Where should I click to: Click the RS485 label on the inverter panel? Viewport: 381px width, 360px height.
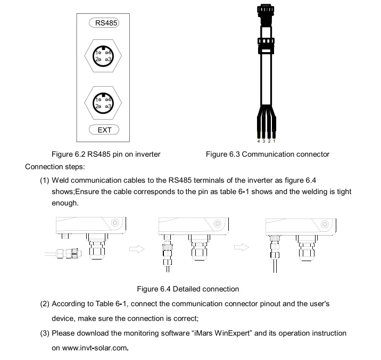[x=104, y=23]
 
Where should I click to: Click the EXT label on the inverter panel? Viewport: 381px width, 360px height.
[x=104, y=129]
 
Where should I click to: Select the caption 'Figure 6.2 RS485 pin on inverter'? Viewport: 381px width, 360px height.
[x=105, y=154]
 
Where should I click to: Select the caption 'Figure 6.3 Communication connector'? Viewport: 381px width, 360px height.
[x=267, y=154]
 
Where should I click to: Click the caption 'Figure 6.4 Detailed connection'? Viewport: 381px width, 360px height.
[x=188, y=289]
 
